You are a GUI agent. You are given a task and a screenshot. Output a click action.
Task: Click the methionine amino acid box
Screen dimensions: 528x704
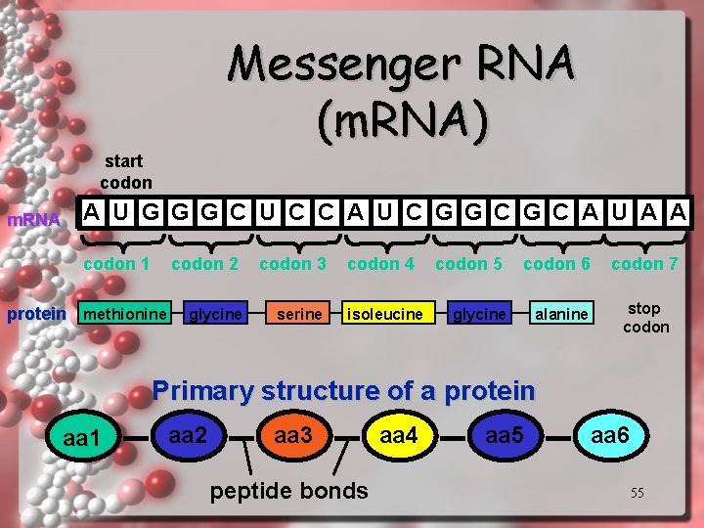click(x=124, y=314)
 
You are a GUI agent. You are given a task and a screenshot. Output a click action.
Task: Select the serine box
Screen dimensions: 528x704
click(x=299, y=314)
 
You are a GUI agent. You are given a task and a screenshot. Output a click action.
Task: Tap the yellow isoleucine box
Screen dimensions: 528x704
click(x=385, y=314)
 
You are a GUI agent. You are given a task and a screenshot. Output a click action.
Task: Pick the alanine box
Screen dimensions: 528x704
click(x=562, y=314)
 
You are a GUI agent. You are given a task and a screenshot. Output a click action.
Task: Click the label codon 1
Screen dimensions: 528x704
click(x=117, y=264)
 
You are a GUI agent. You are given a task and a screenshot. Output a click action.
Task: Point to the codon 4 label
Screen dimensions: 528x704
click(x=380, y=264)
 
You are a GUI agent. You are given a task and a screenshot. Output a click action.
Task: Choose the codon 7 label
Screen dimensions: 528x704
click(x=644, y=264)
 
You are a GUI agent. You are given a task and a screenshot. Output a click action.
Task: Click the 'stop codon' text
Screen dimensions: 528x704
click(x=645, y=318)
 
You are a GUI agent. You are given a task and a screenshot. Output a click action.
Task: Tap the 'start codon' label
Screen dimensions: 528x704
click(x=125, y=171)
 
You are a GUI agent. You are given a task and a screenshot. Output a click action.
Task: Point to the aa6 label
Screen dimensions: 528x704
click(x=609, y=434)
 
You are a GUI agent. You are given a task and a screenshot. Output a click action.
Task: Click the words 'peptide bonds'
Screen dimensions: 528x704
click(x=289, y=490)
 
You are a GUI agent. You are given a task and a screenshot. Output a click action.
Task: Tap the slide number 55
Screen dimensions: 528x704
click(x=637, y=493)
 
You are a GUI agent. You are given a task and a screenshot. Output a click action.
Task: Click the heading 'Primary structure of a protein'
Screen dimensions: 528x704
click(x=344, y=391)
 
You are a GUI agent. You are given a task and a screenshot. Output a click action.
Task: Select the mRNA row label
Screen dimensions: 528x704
click(x=33, y=219)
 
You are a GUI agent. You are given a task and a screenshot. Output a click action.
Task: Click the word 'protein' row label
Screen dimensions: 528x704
click(x=36, y=314)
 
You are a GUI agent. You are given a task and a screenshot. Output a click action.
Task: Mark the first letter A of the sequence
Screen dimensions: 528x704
click(x=91, y=212)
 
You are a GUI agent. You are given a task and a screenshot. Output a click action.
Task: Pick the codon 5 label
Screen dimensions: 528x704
click(x=468, y=264)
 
